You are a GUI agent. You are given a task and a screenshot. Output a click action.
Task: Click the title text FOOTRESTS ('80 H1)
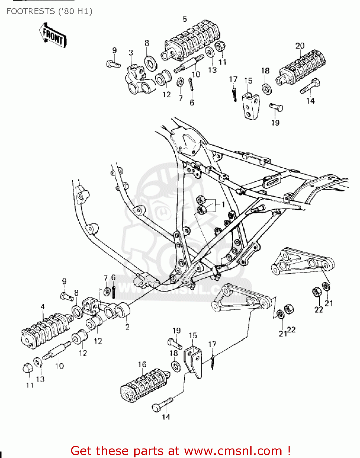tap(49, 11)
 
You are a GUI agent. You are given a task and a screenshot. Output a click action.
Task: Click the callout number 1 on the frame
tap(223, 204)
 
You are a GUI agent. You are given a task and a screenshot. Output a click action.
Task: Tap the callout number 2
tap(127, 327)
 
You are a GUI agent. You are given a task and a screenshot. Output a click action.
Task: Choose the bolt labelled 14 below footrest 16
tap(162, 405)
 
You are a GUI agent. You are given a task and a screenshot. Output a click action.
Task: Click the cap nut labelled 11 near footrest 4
tap(28, 368)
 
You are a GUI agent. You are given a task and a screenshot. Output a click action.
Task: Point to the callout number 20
tap(300, 46)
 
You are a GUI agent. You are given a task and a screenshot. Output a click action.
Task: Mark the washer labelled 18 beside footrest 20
tap(267, 88)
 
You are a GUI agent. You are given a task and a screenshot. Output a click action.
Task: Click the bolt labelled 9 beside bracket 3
tap(113, 64)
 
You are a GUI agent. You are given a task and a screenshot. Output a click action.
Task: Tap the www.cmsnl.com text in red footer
tap(233, 451)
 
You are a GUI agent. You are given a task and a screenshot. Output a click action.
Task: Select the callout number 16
tap(142, 364)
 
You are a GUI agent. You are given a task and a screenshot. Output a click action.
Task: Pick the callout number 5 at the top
tap(185, 19)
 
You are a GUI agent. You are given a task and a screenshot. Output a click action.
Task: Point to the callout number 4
tap(42, 307)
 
